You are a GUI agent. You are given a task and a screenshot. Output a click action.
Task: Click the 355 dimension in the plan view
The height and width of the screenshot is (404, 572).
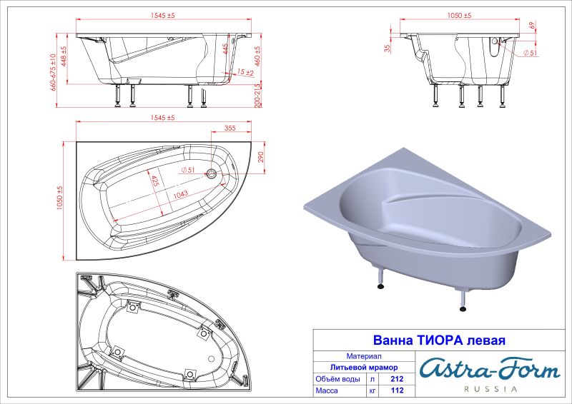coord(230,128)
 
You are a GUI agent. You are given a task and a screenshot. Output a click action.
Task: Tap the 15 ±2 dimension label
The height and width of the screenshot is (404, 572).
coord(245,73)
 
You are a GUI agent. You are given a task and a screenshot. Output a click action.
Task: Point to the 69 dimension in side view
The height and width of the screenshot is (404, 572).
coord(533,26)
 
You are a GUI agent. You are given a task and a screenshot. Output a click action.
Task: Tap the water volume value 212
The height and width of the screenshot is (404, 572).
coord(398,379)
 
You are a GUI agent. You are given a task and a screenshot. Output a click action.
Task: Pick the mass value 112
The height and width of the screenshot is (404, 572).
coord(398,391)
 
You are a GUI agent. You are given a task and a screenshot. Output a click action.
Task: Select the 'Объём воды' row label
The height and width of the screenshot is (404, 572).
coord(339,379)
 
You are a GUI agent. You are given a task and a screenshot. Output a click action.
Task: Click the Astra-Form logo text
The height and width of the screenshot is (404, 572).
coord(489,369)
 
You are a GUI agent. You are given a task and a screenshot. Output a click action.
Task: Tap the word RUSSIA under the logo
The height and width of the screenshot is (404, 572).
coord(489,389)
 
